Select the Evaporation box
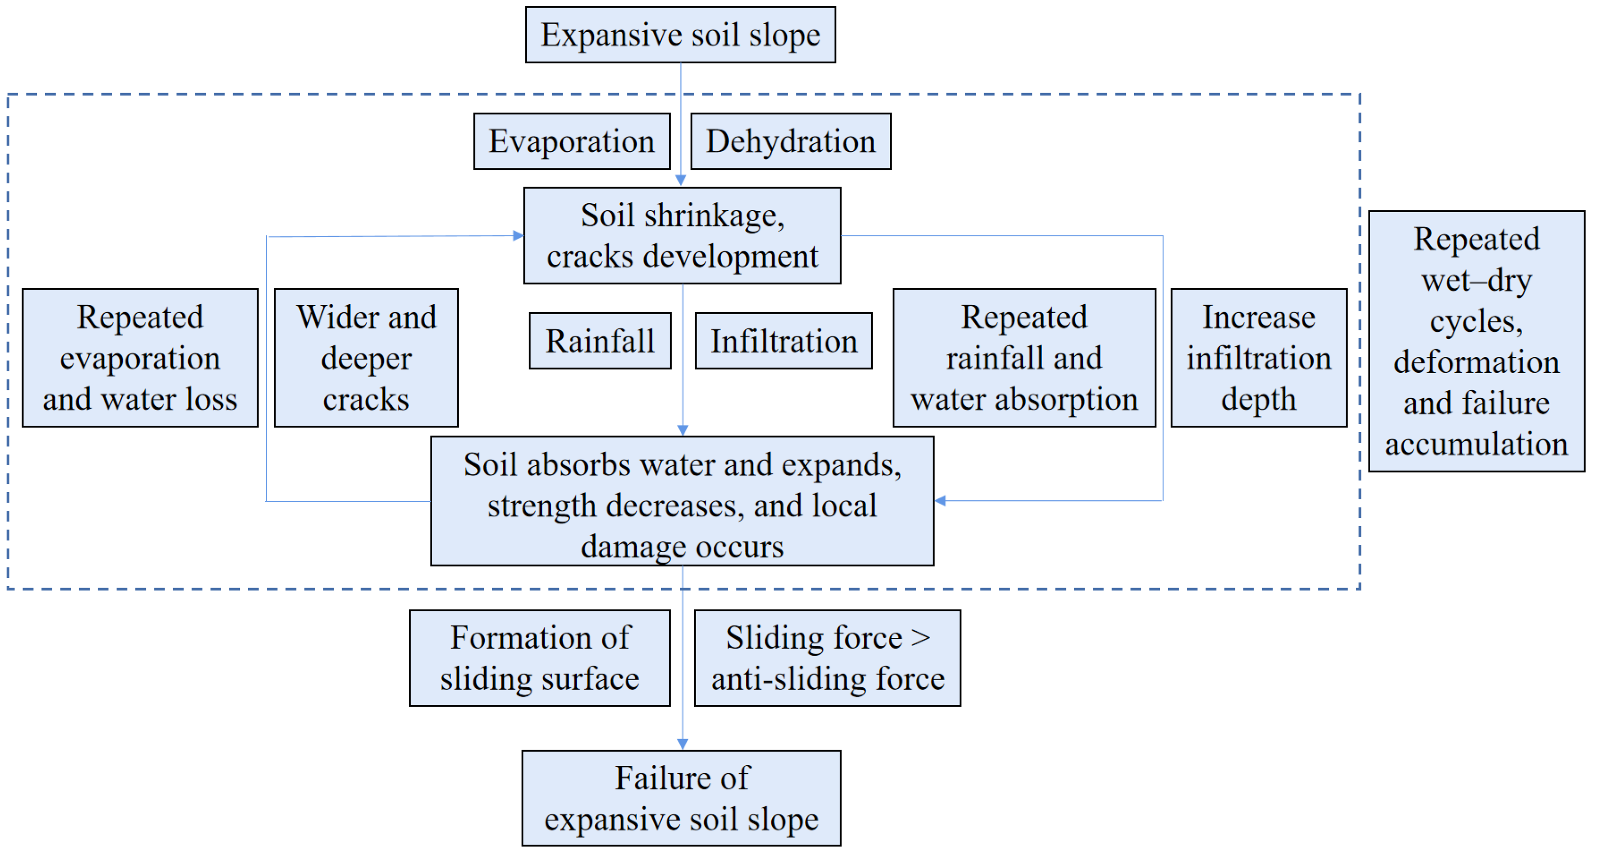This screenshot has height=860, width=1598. (571, 141)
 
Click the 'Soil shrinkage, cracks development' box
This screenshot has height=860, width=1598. (682, 236)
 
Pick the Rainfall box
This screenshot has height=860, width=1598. (599, 341)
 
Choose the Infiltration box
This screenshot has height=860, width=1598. (783, 341)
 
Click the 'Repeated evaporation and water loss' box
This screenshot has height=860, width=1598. (140, 358)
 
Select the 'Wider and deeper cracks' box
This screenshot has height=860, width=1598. (366, 358)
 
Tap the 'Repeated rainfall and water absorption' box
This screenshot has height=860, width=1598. (1024, 358)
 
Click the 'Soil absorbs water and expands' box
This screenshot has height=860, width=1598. (682, 501)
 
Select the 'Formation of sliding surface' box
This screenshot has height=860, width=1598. (539, 658)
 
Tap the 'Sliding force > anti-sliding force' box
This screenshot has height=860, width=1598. (827, 658)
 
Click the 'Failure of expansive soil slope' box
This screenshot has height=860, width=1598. (681, 798)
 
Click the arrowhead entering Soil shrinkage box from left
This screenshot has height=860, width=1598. (519, 236)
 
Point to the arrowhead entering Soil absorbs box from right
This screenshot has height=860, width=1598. (940, 500)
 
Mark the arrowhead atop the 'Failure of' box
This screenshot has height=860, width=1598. (682, 744)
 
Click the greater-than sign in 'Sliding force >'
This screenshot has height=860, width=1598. (921, 638)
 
